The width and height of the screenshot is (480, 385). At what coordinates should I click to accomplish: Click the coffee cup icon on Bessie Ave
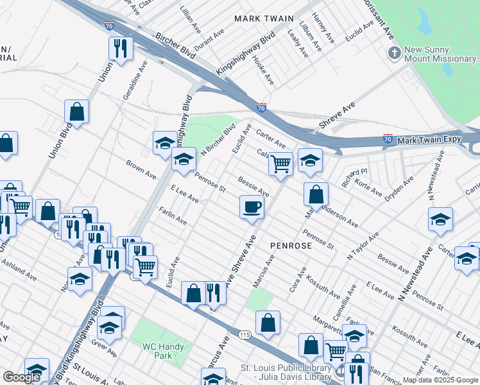pos(252,207)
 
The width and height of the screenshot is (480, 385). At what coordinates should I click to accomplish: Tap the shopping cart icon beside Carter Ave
pos(280,164)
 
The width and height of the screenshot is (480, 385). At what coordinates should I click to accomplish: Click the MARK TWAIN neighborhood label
pos(264,19)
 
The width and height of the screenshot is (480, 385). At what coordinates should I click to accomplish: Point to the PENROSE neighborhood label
pos(291,246)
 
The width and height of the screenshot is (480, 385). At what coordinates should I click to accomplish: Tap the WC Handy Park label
pos(163,351)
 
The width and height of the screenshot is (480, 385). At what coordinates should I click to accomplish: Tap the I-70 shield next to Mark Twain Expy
pos(388,138)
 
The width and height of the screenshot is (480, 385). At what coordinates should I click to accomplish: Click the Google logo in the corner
pos(22,377)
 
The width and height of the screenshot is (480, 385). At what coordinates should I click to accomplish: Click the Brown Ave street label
pos(141,169)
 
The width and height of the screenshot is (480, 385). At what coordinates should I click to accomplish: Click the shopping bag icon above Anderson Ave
pos(316,194)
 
